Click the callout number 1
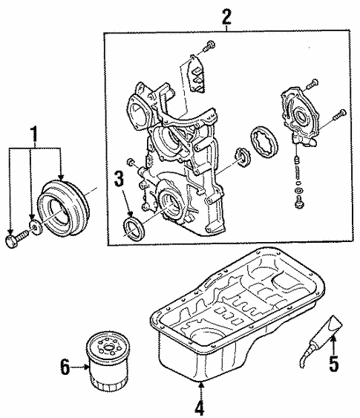[x=34, y=136]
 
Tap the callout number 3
[x=119, y=179]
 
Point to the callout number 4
[x=200, y=406]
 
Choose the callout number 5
[x=333, y=362]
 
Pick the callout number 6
[x=65, y=367]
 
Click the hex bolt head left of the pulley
[x=11, y=241]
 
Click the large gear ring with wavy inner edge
[x=264, y=142]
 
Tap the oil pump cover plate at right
[x=298, y=114]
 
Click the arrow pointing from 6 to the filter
[x=80, y=367]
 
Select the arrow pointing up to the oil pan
[x=200, y=389]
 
